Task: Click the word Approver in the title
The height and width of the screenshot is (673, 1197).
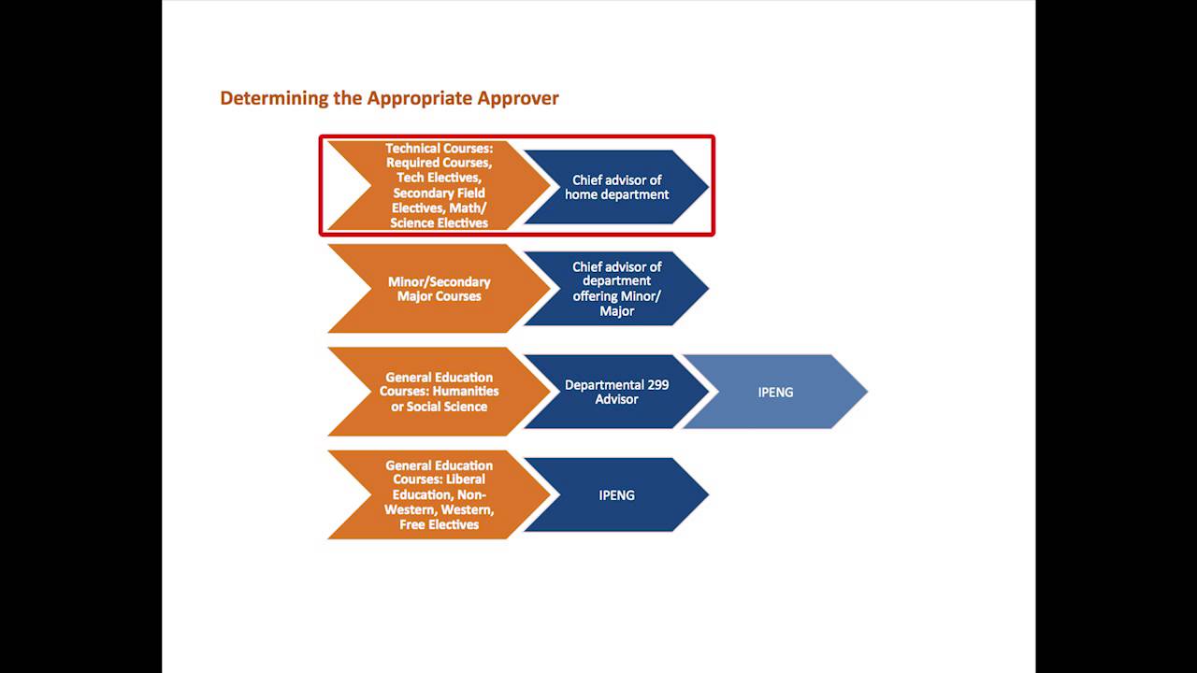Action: pyautogui.click(x=518, y=98)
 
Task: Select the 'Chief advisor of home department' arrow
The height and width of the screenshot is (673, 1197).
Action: pyautogui.click(x=616, y=187)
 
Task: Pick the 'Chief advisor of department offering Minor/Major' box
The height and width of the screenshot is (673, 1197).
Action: pyautogui.click(x=616, y=289)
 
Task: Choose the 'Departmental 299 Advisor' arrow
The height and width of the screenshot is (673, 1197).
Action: pyautogui.click(x=616, y=392)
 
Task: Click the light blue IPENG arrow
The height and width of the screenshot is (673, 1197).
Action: pyautogui.click(x=775, y=392)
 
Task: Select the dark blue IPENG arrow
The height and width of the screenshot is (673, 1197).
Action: pyautogui.click(x=616, y=494)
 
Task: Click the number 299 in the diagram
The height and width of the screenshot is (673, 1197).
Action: pyautogui.click(x=656, y=384)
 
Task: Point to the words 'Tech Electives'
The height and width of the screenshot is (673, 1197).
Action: pyautogui.click(x=439, y=178)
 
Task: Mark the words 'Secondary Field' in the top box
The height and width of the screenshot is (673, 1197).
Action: pyautogui.click(x=439, y=193)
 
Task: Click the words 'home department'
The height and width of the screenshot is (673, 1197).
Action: pyautogui.click(x=616, y=194)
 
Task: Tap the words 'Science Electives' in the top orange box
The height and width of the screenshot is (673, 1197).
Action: pyautogui.click(x=439, y=222)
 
